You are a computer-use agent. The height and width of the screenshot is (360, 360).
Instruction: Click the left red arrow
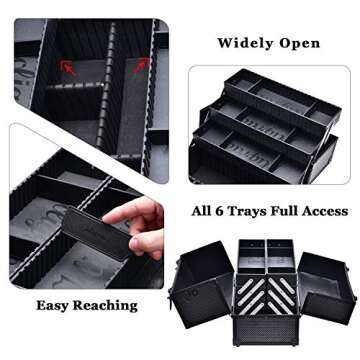(69, 69)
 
